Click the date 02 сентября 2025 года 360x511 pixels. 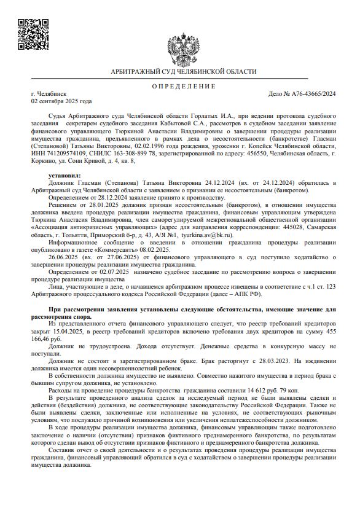click(x=61, y=101)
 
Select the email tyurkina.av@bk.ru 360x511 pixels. click(x=213, y=235)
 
